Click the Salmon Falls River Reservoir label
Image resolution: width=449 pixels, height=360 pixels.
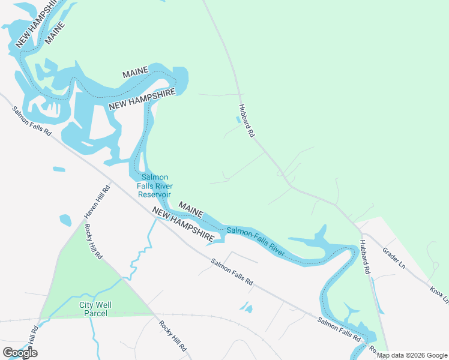(x=155, y=185)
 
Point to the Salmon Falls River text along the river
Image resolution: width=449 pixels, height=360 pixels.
(x=255, y=239)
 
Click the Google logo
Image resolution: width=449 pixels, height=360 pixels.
(x=20, y=353)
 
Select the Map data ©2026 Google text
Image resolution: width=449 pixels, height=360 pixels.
(x=412, y=355)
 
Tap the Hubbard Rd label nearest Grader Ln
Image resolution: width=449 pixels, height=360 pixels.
(x=364, y=257)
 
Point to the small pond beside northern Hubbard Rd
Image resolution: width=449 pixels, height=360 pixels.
(x=238, y=119)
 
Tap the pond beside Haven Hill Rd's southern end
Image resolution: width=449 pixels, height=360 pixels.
(x=65, y=220)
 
